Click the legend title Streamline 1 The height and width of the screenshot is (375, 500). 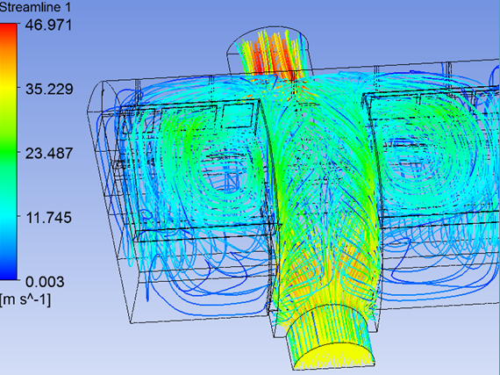(35, 7)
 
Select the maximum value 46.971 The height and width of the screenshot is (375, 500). (49, 25)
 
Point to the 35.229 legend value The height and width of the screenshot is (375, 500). (49, 89)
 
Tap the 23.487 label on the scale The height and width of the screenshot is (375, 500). (49, 154)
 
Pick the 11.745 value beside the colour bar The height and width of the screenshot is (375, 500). (48, 218)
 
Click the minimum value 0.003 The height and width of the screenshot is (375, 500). (45, 282)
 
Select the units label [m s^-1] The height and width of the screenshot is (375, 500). (25, 300)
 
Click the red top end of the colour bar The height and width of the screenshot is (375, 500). (9, 27)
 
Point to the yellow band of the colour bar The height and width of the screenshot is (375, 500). (9, 89)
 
